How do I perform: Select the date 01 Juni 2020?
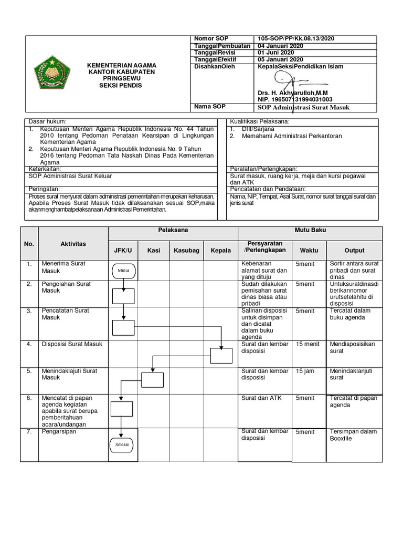(x=277, y=53)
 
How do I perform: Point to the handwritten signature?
(x=294, y=82)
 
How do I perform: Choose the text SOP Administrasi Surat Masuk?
(x=303, y=108)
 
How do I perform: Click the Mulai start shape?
(x=123, y=271)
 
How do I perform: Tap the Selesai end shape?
(x=122, y=444)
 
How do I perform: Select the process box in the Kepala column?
(x=221, y=356)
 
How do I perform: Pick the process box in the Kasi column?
(x=153, y=380)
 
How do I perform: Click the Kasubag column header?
(x=186, y=251)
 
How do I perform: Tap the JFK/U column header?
(x=123, y=251)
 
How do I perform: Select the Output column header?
(x=354, y=251)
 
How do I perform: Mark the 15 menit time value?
(x=307, y=344)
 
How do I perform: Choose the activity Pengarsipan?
(x=59, y=431)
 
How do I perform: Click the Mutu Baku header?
(x=310, y=231)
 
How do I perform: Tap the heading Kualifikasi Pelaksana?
(x=260, y=122)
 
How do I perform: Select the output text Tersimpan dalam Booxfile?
(x=353, y=435)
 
